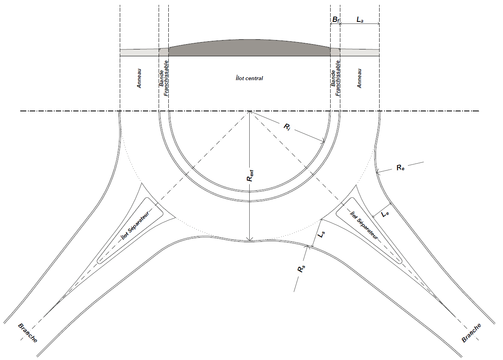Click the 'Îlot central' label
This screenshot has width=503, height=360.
click(249, 78)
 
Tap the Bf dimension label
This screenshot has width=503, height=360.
click(335, 20)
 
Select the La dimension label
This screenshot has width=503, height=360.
click(360, 20)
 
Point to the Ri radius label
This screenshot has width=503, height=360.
click(287, 128)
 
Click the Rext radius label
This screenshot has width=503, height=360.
click(250, 175)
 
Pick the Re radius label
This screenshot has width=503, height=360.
click(400, 167)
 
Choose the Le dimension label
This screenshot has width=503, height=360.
click(385, 214)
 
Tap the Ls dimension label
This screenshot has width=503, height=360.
click(321, 234)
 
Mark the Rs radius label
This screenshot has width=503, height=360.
click(301, 269)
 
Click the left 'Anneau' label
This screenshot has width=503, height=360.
click(139, 78)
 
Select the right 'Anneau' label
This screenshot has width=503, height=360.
click(359, 78)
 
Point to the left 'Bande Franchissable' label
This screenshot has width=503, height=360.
click(164, 78)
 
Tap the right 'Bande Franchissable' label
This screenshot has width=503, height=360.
click(335, 78)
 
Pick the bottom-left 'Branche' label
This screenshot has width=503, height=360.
click(28, 333)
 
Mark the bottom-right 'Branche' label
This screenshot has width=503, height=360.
click(471, 333)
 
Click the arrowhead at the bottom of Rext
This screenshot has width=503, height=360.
click(250, 239)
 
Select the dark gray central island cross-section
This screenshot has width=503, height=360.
click(249, 48)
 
